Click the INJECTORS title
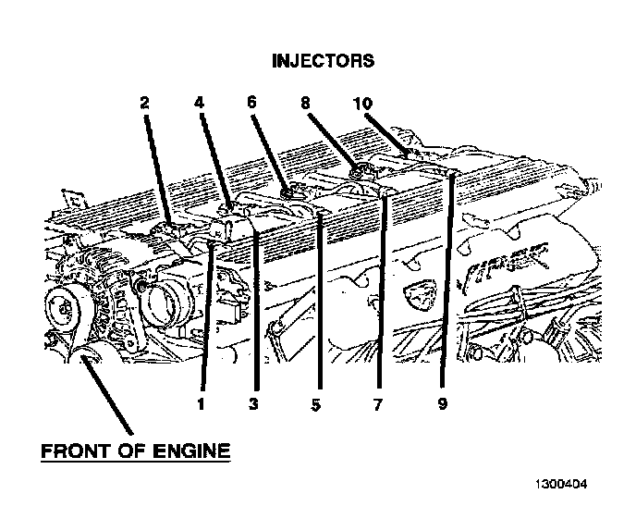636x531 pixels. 323,61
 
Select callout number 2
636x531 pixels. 144,105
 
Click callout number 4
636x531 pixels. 198,105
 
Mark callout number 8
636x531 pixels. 305,105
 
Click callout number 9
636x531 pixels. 441,403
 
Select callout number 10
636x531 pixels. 362,105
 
